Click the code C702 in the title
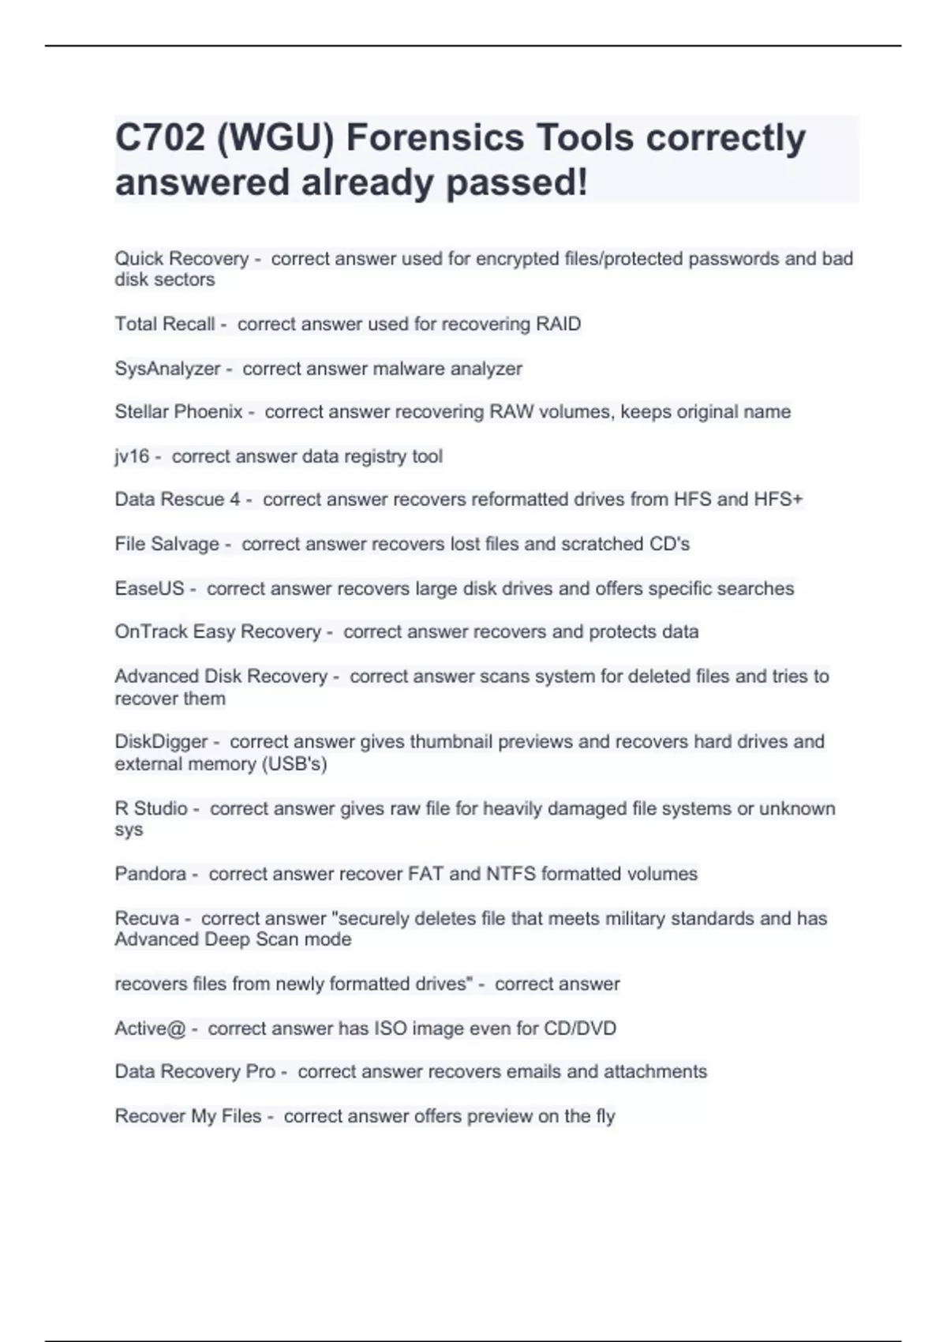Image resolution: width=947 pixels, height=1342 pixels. pyautogui.click(x=159, y=138)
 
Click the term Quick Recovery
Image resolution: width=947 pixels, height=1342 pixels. pyautogui.click(x=182, y=259)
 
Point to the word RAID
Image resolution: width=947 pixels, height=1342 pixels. pyautogui.click(x=558, y=324)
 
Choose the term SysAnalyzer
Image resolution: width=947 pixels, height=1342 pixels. pyautogui.click(x=167, y=369)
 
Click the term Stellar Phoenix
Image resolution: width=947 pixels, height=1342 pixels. pyautogui.click(x=178, y=412)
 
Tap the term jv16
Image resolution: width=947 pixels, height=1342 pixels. pyautogui.click(x=132, y=456)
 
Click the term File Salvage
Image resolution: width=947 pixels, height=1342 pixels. pyautogui.click(x=167, y=544)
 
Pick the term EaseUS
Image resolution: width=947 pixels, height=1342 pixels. pyautogui.click(x=149, y=589)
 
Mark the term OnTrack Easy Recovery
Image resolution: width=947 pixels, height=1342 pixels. pyautogui.click(x=218, y=632)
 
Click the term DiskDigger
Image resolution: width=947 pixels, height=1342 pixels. pyautogui.click(x=161, y=742)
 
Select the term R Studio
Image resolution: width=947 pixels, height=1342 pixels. pyautogui.click(x=151, y=808)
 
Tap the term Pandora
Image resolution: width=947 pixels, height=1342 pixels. pyautogui.click(x=151, y=874)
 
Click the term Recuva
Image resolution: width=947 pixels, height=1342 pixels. pyautogui.click(x=147, y=919)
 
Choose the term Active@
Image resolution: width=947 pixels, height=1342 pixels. pyautogui.click(x=150, y=1029)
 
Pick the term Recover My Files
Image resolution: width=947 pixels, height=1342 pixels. pyautogui.click(x=188, y=1116)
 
